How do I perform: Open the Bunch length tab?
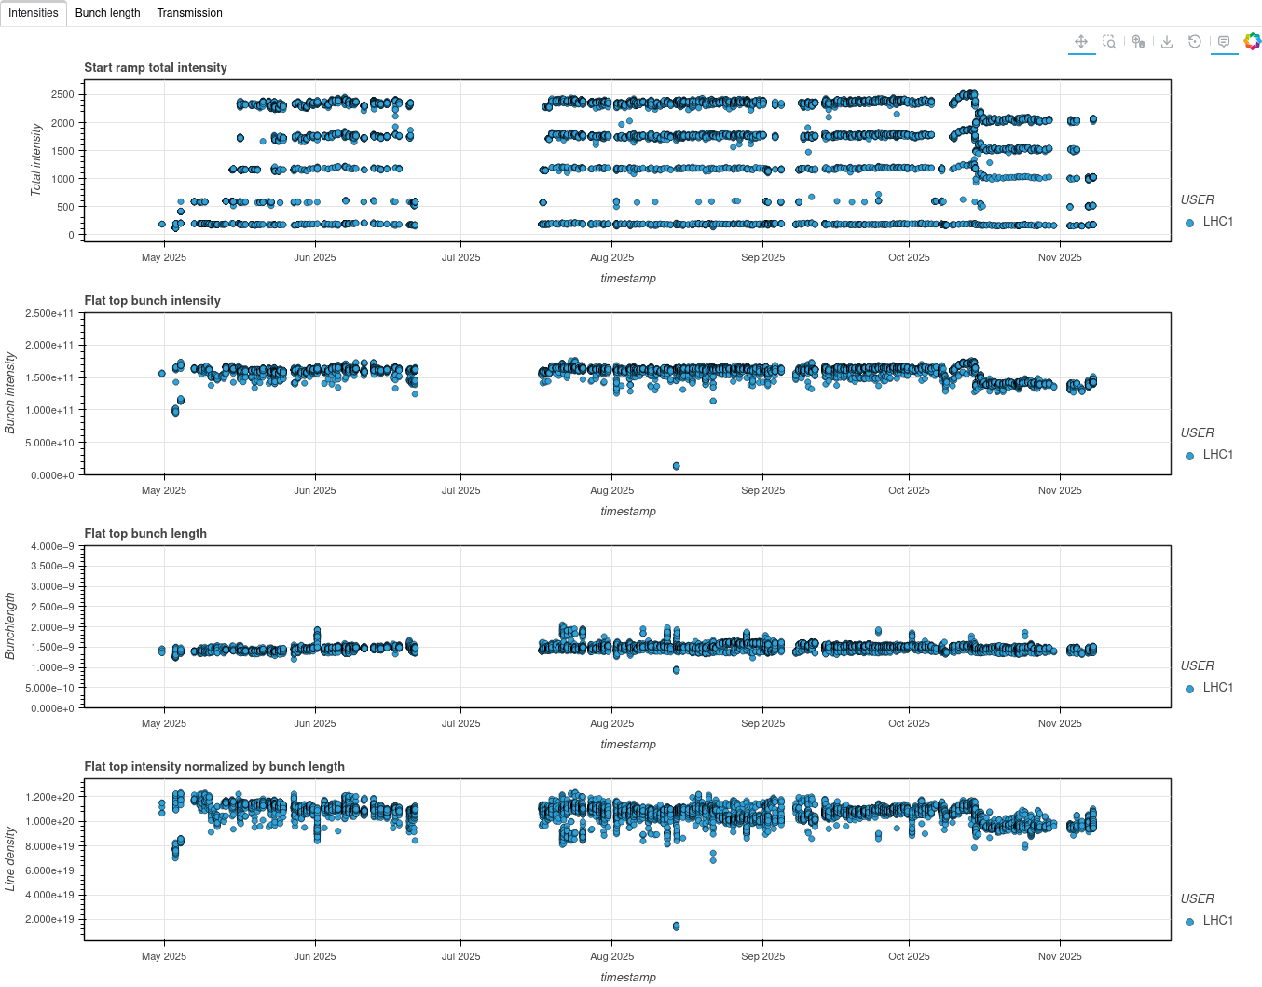point(107,13)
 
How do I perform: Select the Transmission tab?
point(189,13)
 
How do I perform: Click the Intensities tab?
point(34,13)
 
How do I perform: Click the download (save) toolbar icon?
point(1167,42)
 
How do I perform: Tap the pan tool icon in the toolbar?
point(1081,42)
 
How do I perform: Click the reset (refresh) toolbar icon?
point(1195,42)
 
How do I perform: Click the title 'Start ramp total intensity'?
point(156,68)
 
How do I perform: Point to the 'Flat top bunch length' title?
point(145,534)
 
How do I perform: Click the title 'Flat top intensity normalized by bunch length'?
point(214,767)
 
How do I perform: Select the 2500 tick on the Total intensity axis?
point(62,95)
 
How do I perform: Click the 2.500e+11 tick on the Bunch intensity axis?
point(49,314)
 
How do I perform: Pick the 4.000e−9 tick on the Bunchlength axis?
point(52,547)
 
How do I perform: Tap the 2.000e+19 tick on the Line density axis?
point(50,920)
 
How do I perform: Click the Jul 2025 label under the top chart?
point(460,258)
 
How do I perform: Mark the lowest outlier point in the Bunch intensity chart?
point(676,466)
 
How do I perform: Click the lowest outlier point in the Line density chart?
point(676,926)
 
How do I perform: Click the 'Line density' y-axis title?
point(10,858)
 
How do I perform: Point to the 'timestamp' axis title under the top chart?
point(628,279)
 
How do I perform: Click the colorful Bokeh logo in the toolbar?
point(1253,41)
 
